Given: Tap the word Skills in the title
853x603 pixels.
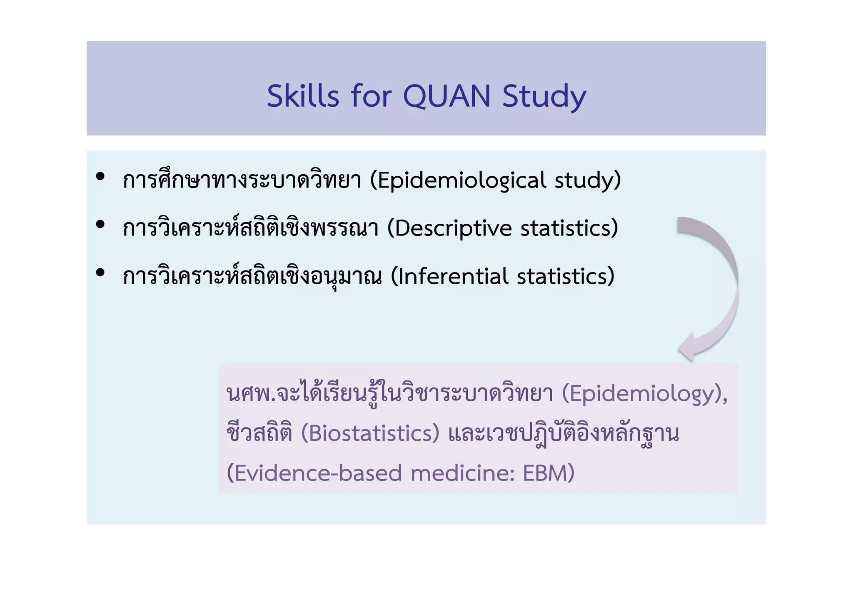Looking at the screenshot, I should pyautogui.click(x=303, y=97).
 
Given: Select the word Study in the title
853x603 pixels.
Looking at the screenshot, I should pyautogui.click(x=544, y=97).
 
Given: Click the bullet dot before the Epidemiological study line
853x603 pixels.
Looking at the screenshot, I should pyautogui.click(x=100, y=177).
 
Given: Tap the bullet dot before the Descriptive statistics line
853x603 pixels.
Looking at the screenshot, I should pyautogui.click(x=100, y=225).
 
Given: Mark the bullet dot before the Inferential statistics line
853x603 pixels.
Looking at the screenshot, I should pyautogui.click(x=100, y=273).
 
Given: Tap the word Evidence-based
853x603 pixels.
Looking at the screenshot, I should pyautogui.click(x=317, y=473).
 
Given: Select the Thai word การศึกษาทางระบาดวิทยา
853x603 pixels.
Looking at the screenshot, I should pyautogui.click(x=242, y=181).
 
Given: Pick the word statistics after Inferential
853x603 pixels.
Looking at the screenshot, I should pyautogui.click(x=562, y=277).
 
